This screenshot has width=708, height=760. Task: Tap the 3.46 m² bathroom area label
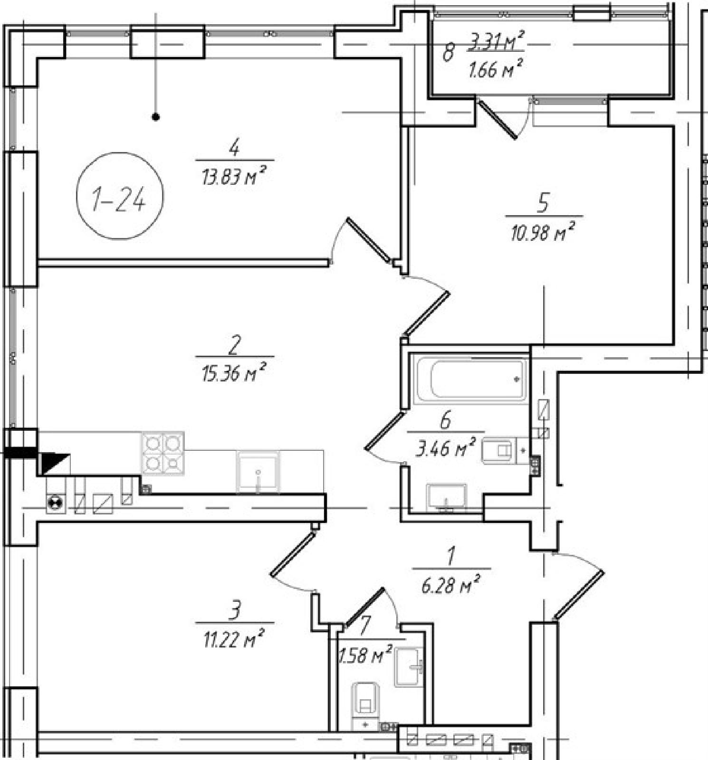[446, 447]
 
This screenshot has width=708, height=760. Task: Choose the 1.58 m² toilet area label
[365, 655]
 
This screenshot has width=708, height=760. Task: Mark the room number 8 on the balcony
[448, 52]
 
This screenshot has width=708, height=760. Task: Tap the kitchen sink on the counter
[258, 473]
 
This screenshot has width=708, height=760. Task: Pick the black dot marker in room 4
[155, 116]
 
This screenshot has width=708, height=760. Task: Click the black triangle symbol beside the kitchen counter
[54, 463]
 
